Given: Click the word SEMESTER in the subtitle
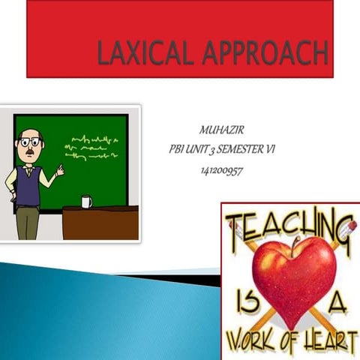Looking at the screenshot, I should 241,150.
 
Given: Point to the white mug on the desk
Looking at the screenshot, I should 86,201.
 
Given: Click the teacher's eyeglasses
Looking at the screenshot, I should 28,141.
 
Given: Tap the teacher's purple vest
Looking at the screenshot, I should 28,184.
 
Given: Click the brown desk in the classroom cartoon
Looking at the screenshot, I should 100,223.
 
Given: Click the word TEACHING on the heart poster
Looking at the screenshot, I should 289,224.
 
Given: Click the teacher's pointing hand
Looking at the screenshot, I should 59,172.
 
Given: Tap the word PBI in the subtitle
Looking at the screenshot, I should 177,150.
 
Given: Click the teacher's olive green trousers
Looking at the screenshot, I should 28,223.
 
